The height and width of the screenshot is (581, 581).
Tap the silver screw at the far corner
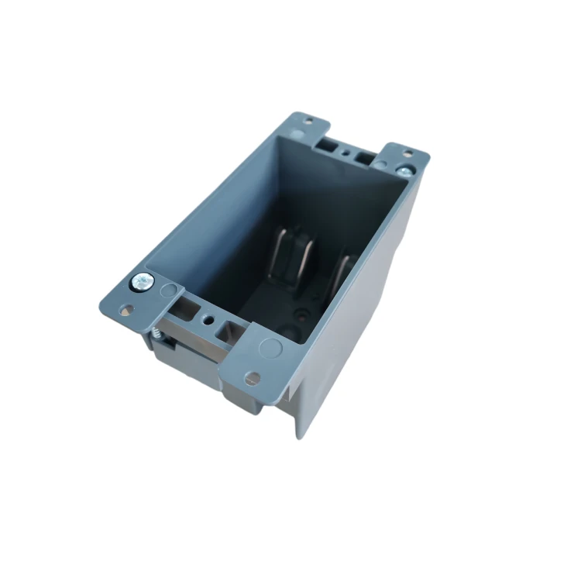pos(404,169)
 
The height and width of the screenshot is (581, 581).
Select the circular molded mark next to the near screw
pos(167,292)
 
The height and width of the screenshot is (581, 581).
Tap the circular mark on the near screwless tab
pos(270,346)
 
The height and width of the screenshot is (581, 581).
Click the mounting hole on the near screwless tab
pos(252,377)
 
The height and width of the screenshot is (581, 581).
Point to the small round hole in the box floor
pos(298,315)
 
